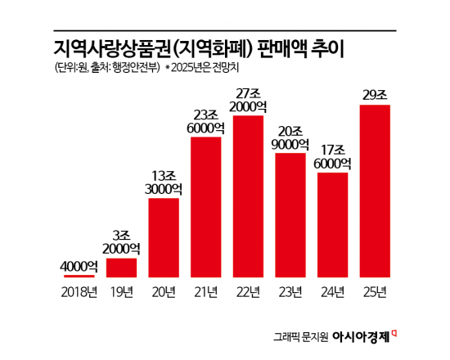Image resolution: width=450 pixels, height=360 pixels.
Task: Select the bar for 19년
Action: click(x=122, y=268)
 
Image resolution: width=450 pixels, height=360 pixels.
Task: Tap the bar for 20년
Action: click(x=164, y=237)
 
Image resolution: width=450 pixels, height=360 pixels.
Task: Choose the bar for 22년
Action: click(x=249, y=196)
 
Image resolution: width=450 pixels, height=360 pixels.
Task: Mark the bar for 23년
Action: click(x=290, y=215)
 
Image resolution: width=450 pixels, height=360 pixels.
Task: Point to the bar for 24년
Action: click(x=333, y=225)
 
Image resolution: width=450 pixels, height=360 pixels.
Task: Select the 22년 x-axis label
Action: click(x=249, y=290)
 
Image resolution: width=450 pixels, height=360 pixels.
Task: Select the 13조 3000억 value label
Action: click(x=164, y=181)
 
